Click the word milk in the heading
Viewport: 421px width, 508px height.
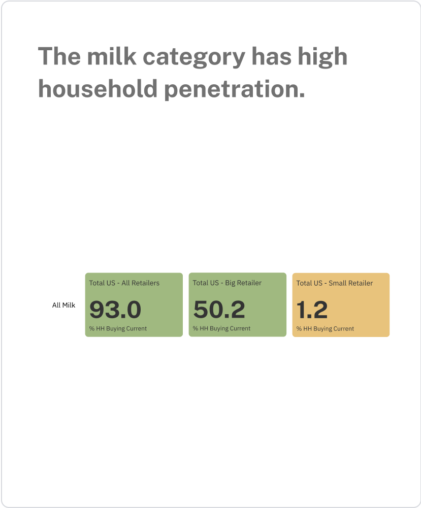[x=112, y=56]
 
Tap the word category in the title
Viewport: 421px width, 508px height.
[x=194, y=58]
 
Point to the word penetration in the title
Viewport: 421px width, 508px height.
[x=235, y=90]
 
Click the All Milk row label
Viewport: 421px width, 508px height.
[x=63, y=305]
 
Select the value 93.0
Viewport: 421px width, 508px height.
[x=115, y=310]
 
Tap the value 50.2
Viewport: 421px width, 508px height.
[x=219, y=310]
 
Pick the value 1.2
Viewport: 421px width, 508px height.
[x=312, y=310]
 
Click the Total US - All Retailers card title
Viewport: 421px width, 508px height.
[x=124, y=283]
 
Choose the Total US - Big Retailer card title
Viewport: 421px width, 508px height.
[x=227, y=283]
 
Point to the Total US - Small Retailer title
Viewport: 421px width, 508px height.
[x=335, y=283]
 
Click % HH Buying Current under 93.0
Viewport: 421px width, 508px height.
[x=118, y=328]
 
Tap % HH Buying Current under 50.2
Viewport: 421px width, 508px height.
[x=222, y=328]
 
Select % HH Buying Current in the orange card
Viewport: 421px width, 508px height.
[x=325, y=329]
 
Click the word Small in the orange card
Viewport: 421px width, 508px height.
[x=337, y=283]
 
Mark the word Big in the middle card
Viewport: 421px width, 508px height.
[x=230, y=283]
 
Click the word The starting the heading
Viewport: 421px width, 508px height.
[x=59, y=56]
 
